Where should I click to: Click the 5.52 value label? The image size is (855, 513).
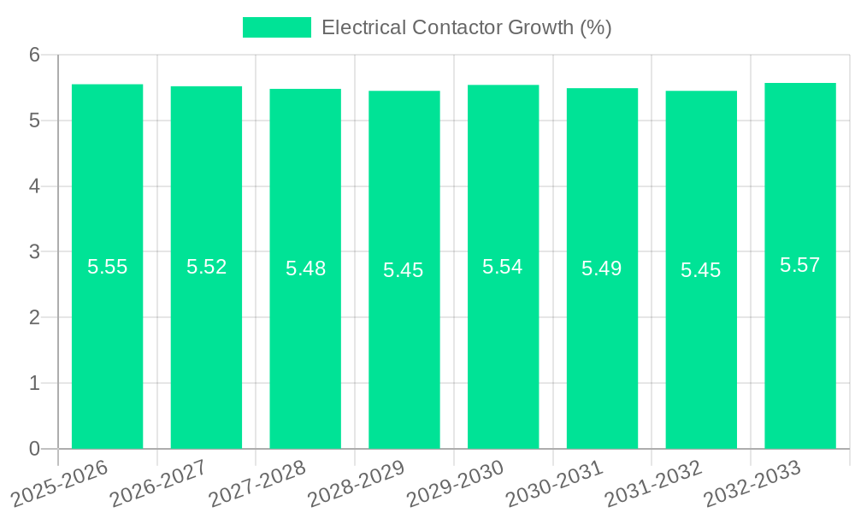(x=207, y=267)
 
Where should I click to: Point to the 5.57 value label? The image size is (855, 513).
(x=800, y=265)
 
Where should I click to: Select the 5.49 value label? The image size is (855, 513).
(x=602, y=268)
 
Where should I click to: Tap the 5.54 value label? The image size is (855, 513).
(x=503, y=267)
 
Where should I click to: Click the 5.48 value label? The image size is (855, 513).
(x=305, y=268)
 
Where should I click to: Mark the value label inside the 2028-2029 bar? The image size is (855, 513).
(x=404, y=270)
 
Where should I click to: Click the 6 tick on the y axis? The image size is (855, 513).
(x=34, y=55)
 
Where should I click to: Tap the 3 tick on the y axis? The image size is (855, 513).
(x=34, y=252)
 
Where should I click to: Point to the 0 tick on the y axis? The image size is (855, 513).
(x=34, y=449)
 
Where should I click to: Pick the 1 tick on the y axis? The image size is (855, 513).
(x=34, y=383)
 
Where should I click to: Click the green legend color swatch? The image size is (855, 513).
(x=277, y=27)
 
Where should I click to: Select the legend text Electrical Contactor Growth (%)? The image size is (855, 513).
(x=467, y=27)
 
